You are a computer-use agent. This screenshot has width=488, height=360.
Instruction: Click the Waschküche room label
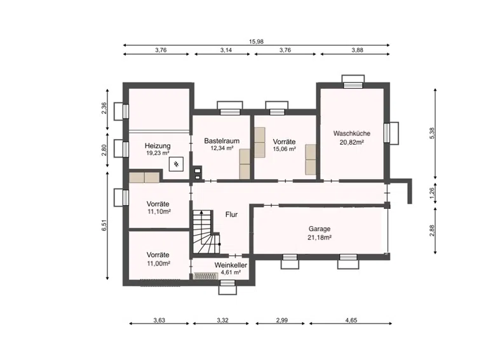(x=351, y=133)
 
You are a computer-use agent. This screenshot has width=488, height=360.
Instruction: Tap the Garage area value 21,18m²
(x=320, y=237)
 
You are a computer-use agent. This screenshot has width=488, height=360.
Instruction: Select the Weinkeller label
(x=231, y=265)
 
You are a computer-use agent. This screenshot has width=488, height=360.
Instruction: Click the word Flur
(x=231, y=215)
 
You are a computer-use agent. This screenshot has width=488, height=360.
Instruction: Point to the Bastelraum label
(x=222, y=141)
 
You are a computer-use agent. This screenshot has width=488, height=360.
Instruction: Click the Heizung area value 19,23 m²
(x=158, y=153)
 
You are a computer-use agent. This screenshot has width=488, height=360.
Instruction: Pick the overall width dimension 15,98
(x=256, y=41)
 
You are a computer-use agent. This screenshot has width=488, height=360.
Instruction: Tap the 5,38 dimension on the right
(x=431, y=134)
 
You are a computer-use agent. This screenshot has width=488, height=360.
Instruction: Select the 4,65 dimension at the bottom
(x=351, y=320)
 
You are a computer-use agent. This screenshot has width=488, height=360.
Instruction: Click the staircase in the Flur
(x=206, y=232)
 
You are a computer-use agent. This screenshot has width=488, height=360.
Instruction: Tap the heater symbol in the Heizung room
(x=176, y=164)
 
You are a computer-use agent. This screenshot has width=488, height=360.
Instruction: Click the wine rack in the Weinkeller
(x=206, y=276)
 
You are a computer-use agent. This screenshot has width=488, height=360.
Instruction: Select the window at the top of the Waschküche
(x=353, y=82)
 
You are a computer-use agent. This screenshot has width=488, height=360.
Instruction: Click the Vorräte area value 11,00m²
(x=158, y=263)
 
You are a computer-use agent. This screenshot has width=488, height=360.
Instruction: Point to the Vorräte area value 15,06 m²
(x=284, y=149)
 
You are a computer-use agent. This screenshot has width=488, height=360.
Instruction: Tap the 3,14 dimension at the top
(x=226, y=50)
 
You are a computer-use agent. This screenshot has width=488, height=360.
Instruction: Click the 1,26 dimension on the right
(x=431, y=193)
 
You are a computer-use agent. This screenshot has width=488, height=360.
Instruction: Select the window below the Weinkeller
(x=227, y=287)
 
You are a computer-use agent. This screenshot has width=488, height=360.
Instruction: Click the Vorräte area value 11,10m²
(x=159, y=211)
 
